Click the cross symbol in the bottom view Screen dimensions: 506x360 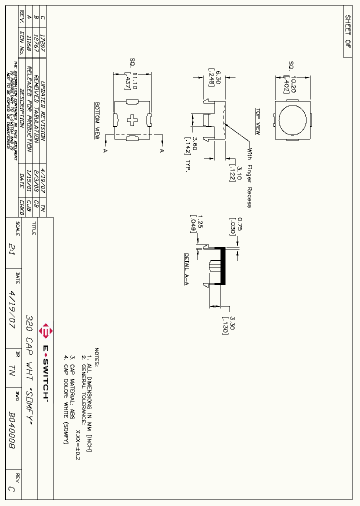pos(133,120)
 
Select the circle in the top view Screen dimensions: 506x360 pos(292,120)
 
